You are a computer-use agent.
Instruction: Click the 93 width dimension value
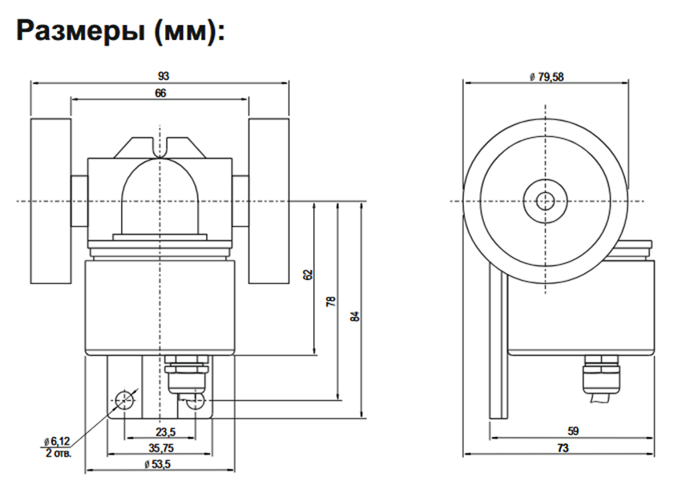click(x=163, y=76)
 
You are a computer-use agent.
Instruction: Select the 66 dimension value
click(x=159, y=94)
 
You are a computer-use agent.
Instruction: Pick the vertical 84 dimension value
click(x=356, y=315)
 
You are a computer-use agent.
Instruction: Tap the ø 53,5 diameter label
click(x=159, y=465)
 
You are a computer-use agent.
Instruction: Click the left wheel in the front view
click(x=50, y=200)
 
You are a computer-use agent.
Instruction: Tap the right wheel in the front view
click(x=268, y=200)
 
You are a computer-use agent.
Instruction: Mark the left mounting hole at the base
click(x=125, y=399)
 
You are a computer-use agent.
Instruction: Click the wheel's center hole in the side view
click(x=547, y=200)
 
